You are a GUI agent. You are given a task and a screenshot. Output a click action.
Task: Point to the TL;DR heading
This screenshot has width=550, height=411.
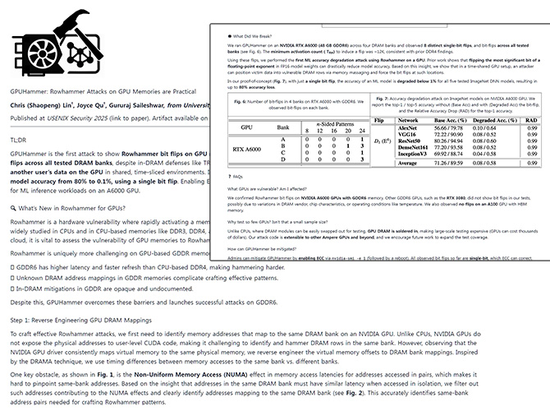[x=19, y=141]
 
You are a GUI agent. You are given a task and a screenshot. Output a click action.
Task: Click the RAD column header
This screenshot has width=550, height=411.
[x=531, y=120]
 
